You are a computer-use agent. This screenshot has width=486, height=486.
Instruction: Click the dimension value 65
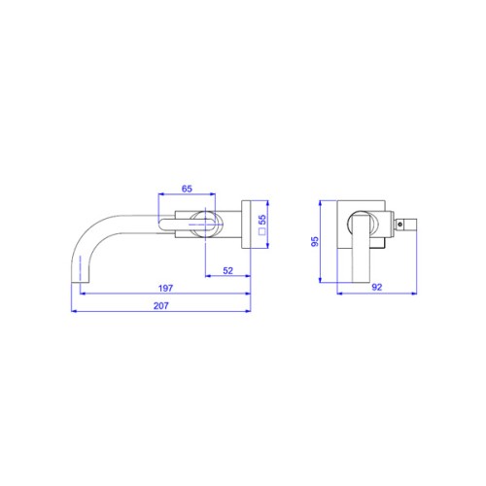tap(187, 189)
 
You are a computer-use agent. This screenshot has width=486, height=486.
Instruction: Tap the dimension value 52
tap(228, 270)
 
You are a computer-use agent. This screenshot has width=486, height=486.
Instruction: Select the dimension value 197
tap(165, 288)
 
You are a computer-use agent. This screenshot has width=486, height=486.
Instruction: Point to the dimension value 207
tap(161, 305)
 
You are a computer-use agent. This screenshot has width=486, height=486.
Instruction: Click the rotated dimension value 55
tap(262, 220)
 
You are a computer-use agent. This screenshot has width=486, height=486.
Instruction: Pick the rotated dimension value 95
tap(315, 241)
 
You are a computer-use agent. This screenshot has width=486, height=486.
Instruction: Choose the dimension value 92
tap(377, 287)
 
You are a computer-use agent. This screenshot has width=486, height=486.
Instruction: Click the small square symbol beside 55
tap(262, 231)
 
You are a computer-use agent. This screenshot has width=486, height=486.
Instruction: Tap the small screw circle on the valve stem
tap(400, 224)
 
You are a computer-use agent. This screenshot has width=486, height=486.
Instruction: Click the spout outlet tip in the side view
tap(80, 282)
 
